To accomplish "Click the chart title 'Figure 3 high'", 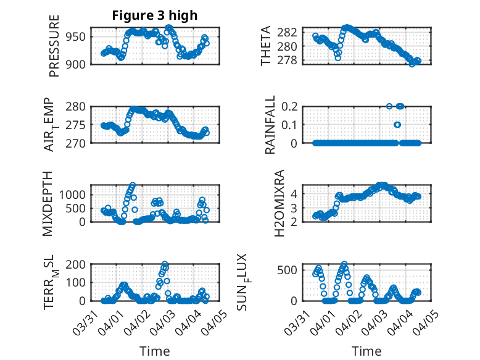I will coord(155,15).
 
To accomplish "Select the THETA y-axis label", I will coord(266,46).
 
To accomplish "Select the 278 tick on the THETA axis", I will coord(292,61).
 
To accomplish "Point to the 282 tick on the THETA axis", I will coord(292,32).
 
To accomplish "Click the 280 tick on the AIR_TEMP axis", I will coord(78,106).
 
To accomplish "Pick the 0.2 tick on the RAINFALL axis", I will coord(291,106).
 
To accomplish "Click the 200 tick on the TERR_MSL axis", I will coord(78,264).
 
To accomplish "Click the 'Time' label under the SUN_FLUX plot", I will coord(366,351).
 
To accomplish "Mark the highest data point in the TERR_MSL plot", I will coord(165,264).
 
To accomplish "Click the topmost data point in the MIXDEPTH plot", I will coord(133,185).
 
